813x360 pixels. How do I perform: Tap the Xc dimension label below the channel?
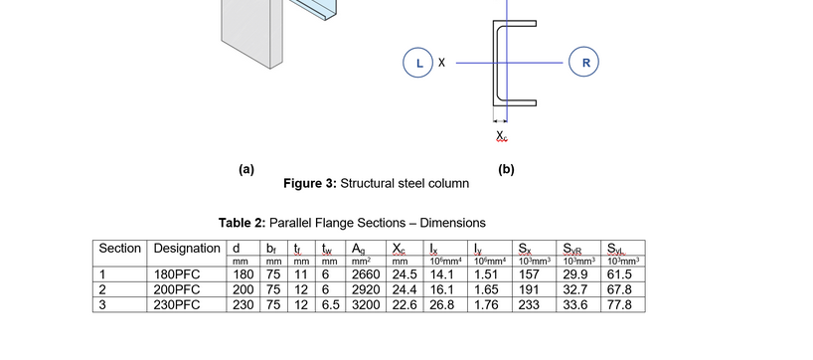[x=502, y=136]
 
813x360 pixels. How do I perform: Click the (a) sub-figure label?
[x=246, y=169]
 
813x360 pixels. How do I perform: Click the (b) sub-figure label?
[x=506, y=169]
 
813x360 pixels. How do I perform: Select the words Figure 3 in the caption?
[x=309, y=184]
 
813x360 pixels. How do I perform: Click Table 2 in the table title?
[x=244, y=223]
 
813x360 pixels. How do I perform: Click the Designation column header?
[x=186, y=248]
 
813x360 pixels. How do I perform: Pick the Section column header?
[x=120, y=248]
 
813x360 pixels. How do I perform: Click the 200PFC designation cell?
[x=179, y=289]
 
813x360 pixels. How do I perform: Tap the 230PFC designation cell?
[x=179, y=304]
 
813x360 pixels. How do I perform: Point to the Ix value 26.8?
[x=439, y=304]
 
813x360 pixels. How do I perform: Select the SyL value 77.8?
[x=618, y=304]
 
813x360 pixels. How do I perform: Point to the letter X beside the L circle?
[x=441, y=62]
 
